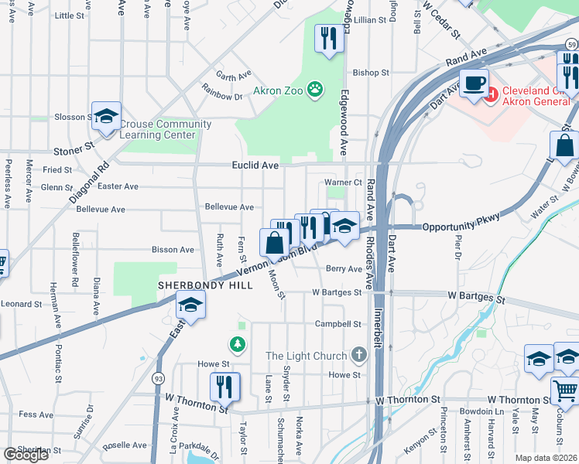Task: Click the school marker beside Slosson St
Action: pyautogui.click(x=106, y=117)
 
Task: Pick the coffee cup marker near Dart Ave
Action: pyautogui.click(x=474, y=82)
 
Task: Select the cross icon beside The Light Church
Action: pyautogui.click(x=358, y=355)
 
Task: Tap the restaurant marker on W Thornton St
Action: pyautogui.click(x=224, y=387)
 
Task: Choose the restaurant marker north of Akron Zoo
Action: pyautogui.click(x=329, y=39)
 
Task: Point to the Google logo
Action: pyautogui.click(x=26, y=455)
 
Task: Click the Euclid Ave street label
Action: pyautogui.click(x=255, y=165)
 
